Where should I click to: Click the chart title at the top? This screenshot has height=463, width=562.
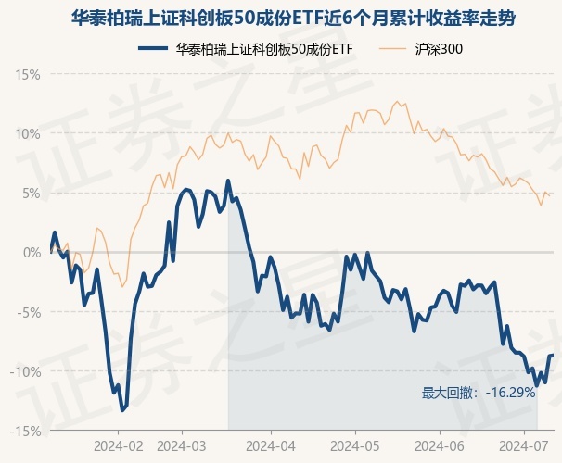[281, 19]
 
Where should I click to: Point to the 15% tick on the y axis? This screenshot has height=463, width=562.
[28, 74]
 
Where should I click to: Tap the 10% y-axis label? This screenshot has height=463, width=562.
[28, 133]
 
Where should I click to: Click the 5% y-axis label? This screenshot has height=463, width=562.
[31, 193]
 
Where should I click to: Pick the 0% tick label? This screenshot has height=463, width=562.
[31, 252]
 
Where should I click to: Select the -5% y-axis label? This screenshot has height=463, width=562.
[29, 312]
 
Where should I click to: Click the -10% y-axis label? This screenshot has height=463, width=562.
[26, 371]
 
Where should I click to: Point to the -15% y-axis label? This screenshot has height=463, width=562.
[26, 431]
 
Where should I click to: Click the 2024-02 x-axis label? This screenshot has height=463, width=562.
[119, 446]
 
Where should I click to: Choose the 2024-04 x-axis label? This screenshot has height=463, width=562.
[270, 446]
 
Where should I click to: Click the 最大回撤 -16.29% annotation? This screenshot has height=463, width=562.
[479, 393]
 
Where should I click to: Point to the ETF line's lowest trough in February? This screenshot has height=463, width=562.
[121, 409]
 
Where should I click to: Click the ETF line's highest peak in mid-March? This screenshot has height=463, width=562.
[228, 195]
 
